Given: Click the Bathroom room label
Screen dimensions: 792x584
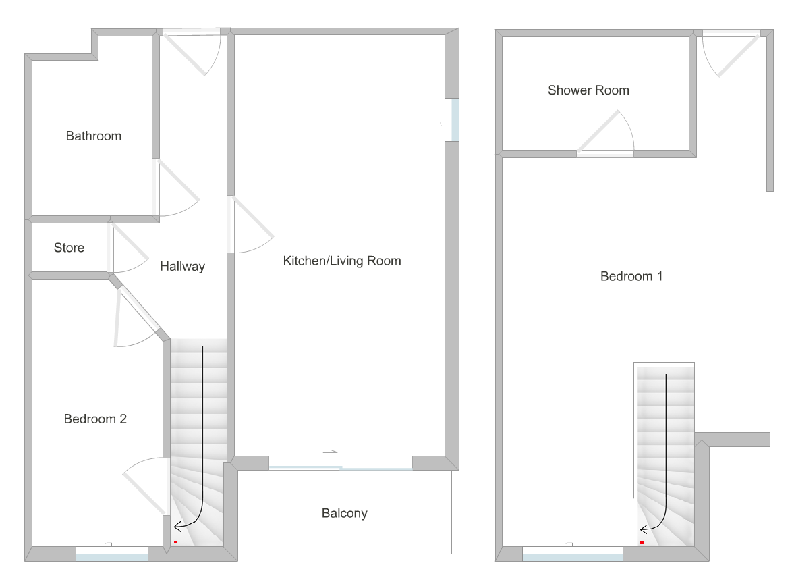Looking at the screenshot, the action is point(94,136).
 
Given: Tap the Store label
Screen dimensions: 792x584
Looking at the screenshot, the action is point(69,248).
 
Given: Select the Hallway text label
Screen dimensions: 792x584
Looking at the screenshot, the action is point(182,267).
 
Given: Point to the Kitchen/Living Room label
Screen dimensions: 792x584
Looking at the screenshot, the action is point(342,261).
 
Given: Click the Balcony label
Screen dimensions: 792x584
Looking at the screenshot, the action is point(344,514).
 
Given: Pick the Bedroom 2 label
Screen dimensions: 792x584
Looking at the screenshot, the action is point(95,419).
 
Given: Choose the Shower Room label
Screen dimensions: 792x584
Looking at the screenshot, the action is point(588,90).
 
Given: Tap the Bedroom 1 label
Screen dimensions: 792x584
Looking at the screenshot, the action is point(631,276).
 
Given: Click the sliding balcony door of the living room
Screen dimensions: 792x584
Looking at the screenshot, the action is point(341,464).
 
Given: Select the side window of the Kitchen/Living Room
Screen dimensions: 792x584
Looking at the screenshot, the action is point(452,120).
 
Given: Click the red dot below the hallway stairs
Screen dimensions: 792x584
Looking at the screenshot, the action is point(175,542).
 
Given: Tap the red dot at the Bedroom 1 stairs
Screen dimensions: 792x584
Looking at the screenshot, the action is point(642,542).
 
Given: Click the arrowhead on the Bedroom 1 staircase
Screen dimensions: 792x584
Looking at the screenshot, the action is point(643,529).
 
